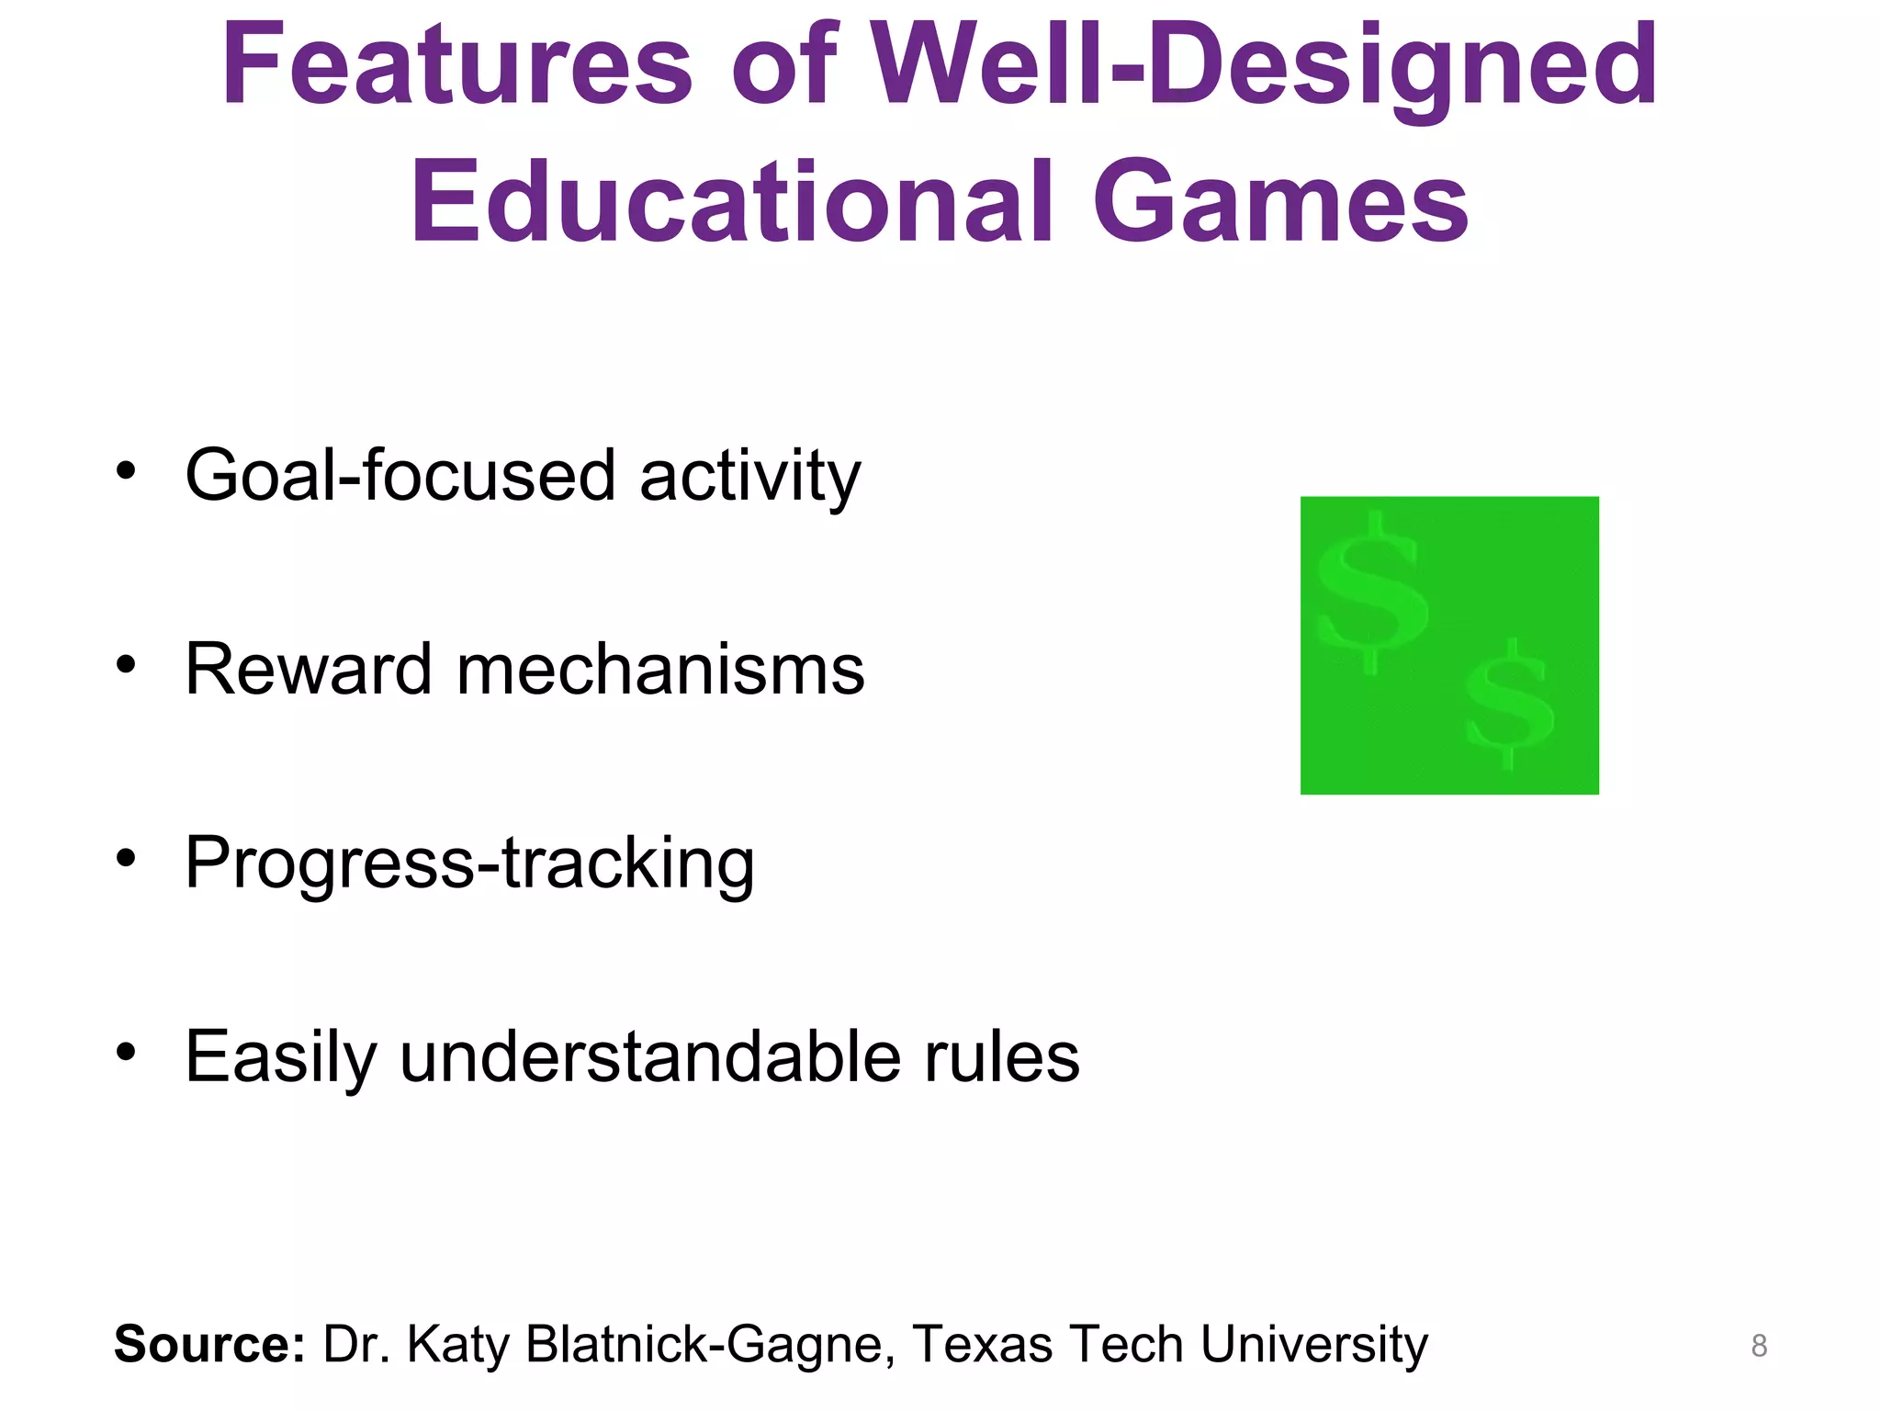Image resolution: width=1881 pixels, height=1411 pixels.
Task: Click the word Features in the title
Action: pos(456,66)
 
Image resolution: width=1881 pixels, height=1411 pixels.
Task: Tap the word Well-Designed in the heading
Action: pos(1264,66)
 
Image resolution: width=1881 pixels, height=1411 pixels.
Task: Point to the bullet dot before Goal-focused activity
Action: pos(126,471)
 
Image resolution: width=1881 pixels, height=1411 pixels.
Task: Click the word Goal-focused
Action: pos(400,476)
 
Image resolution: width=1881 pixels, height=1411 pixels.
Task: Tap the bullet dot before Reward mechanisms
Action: pos(126,664)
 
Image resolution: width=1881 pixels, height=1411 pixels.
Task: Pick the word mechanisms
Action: pos(660,670)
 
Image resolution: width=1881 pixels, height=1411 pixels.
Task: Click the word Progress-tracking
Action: pos(469,864)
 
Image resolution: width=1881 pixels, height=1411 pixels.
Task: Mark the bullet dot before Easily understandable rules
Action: pos(126,1051)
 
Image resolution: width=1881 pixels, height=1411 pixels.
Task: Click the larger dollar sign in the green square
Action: pos(1371,593)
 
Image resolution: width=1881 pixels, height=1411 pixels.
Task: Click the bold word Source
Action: pos(208,1344)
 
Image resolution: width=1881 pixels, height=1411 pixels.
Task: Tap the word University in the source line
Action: pos(1313,1345)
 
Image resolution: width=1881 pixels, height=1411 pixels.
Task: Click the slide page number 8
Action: pos(1759,1346)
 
